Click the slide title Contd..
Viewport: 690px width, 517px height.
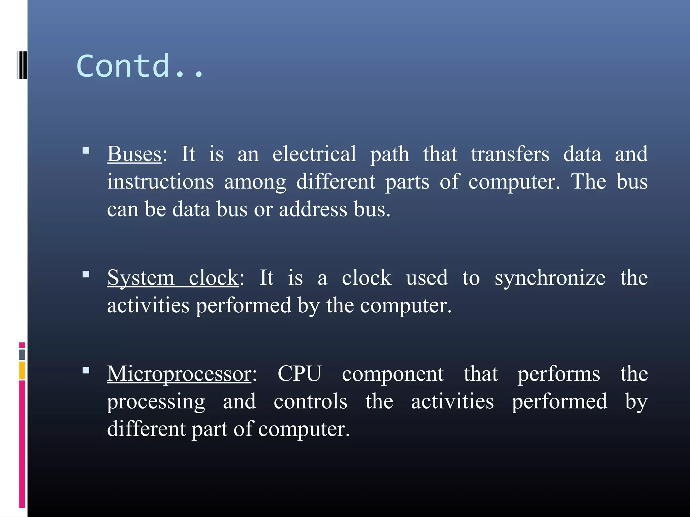(140, 66)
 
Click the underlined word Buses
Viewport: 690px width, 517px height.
(134, 154)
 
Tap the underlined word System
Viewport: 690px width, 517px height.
(141, 278)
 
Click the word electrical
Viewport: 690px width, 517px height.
(314, 154)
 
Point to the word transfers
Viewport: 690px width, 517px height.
(510, 154)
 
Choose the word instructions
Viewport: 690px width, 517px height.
(160, 182)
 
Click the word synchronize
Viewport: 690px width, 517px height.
(550, 278)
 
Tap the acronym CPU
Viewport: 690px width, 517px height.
(299, 374)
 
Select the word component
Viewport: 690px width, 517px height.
(393, 374)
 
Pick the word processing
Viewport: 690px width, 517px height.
(156, 402)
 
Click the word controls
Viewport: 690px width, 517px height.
(310, 401)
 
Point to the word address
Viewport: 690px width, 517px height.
(313, 209)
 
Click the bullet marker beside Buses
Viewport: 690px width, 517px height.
(86, 150)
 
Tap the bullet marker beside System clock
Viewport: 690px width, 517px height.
(86, 274)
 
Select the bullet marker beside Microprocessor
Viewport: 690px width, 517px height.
(86, 370)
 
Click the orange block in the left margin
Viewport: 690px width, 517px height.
(22, 370)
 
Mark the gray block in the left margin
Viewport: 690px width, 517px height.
(22, 354)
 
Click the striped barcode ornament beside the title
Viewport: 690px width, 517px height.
(22, 65)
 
